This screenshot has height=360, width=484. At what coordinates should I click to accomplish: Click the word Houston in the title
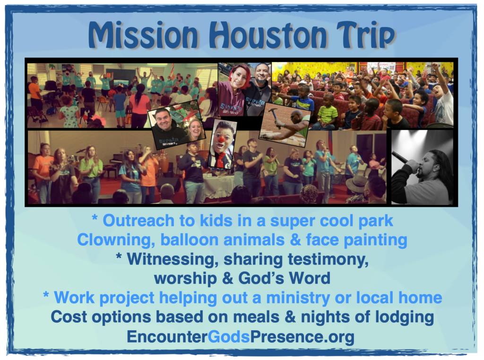[x=268, y=35]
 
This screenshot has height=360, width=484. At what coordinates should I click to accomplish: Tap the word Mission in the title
[x=143, y=35]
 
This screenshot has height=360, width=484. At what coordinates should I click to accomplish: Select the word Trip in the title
[x=366, y=35]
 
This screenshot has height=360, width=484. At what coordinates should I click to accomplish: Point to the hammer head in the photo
[x=272, y=111]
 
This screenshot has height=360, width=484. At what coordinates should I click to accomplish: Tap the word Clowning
[x=116, y=240]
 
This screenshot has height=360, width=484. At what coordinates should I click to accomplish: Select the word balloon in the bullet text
[x=191, y=240]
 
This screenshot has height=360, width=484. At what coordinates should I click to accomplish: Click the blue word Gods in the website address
[x=228, y=336]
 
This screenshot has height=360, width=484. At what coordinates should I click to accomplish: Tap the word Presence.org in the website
[x=302, y=337]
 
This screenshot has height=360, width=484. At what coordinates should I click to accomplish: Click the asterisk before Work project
[x=46, y=295]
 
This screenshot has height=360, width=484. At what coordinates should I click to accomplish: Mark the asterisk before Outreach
[x=95, y=218]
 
